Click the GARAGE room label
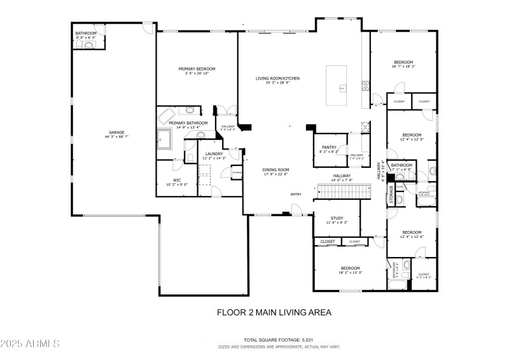[x=116, y=132]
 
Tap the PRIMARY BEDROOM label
[x=196, y=69]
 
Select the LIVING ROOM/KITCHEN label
[x=277, y=78]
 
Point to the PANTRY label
[x=329, y=147]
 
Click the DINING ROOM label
[x=276, y=170]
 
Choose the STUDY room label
[x=336, y=218]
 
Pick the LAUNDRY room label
[x=214, y=153]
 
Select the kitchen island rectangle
[x=338, y=85]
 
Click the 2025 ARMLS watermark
[x=30, y=343]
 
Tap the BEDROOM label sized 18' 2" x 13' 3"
[x=350, y=268]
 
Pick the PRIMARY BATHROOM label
[x=188, y=123]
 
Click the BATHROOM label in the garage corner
[x=86, y=33]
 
